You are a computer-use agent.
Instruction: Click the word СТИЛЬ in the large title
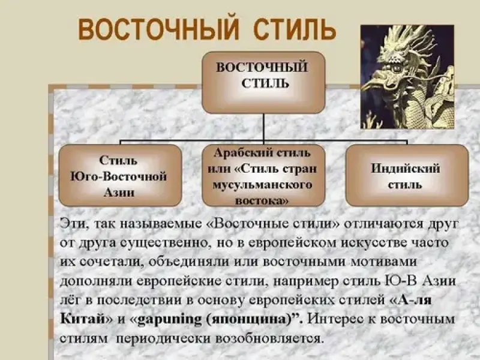pyautogui.click(x=295, y=29)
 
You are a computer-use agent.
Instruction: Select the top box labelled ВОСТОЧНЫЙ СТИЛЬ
pyautogui.click(x=263, y=83)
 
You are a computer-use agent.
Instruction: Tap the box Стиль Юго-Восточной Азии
pyautogui.click(x=120, y=176)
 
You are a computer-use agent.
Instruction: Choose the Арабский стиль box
pyautogui.click(x=263, y=176)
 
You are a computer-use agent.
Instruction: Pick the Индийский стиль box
pyautogui.click(x=407, y=176)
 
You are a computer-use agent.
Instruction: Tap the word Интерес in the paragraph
pyautogui.click(x=337, y=319)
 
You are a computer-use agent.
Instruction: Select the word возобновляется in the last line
pyautogui.click(x=269, y=338)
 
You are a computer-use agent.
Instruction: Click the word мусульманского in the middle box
pyautogui.click(x=262, y=185)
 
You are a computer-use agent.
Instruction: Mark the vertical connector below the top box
pyautogui.click(x=263, y=128)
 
